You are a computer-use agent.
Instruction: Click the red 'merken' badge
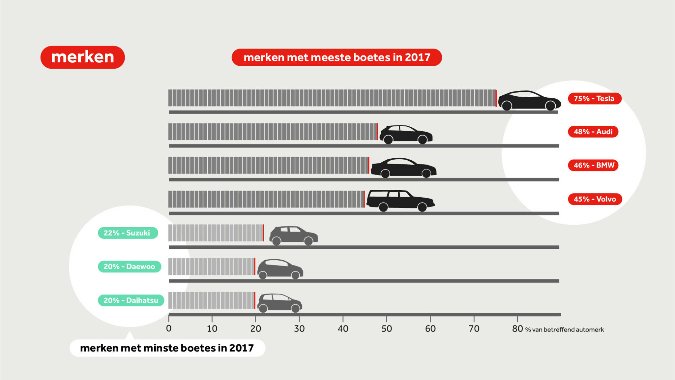pyautogui.click(x=82, y=57)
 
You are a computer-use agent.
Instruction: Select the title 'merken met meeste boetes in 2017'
pyautogui.click(x=337, y=57)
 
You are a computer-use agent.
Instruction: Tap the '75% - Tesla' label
pyautogui.click(x=594, y=98)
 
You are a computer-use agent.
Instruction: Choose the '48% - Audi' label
pyautogui.click(x=593, y=132)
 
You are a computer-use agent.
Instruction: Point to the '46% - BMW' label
pyautogui.click(x=593, y=165)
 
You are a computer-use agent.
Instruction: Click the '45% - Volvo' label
pyautogui.click(x=595, y=199)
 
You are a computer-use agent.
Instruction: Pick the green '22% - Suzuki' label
pyautogui.click(x=128, y=233)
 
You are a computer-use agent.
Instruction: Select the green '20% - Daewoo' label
pyautogui.click(x=130, y=267)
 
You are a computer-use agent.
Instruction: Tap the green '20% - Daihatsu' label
pyautogui.click(x=131, y=300)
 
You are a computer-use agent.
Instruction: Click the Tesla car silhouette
pyautogui.click(x=529, y=100)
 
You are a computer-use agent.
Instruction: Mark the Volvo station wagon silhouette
pyautogui.click(x=400, y=200)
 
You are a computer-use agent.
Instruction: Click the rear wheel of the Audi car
pyautogui.click(x=388, y=140)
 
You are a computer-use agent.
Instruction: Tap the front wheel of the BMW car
pyautogui.click(x=426, y=173)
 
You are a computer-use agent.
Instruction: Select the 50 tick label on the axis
pyautogui.click(x=387, y=329)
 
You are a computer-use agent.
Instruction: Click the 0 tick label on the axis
pyautogui.click(x=169, y=329)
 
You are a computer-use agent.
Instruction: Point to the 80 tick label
pyautogui.click(x=517, y=329)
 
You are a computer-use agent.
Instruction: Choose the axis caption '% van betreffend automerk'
pyautogui.click(x=564, y=330)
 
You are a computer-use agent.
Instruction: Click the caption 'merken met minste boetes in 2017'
pyautogui.click(x=167, y=348)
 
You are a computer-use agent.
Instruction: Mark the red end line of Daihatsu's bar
pyautogui.click(x=255, y=300)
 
